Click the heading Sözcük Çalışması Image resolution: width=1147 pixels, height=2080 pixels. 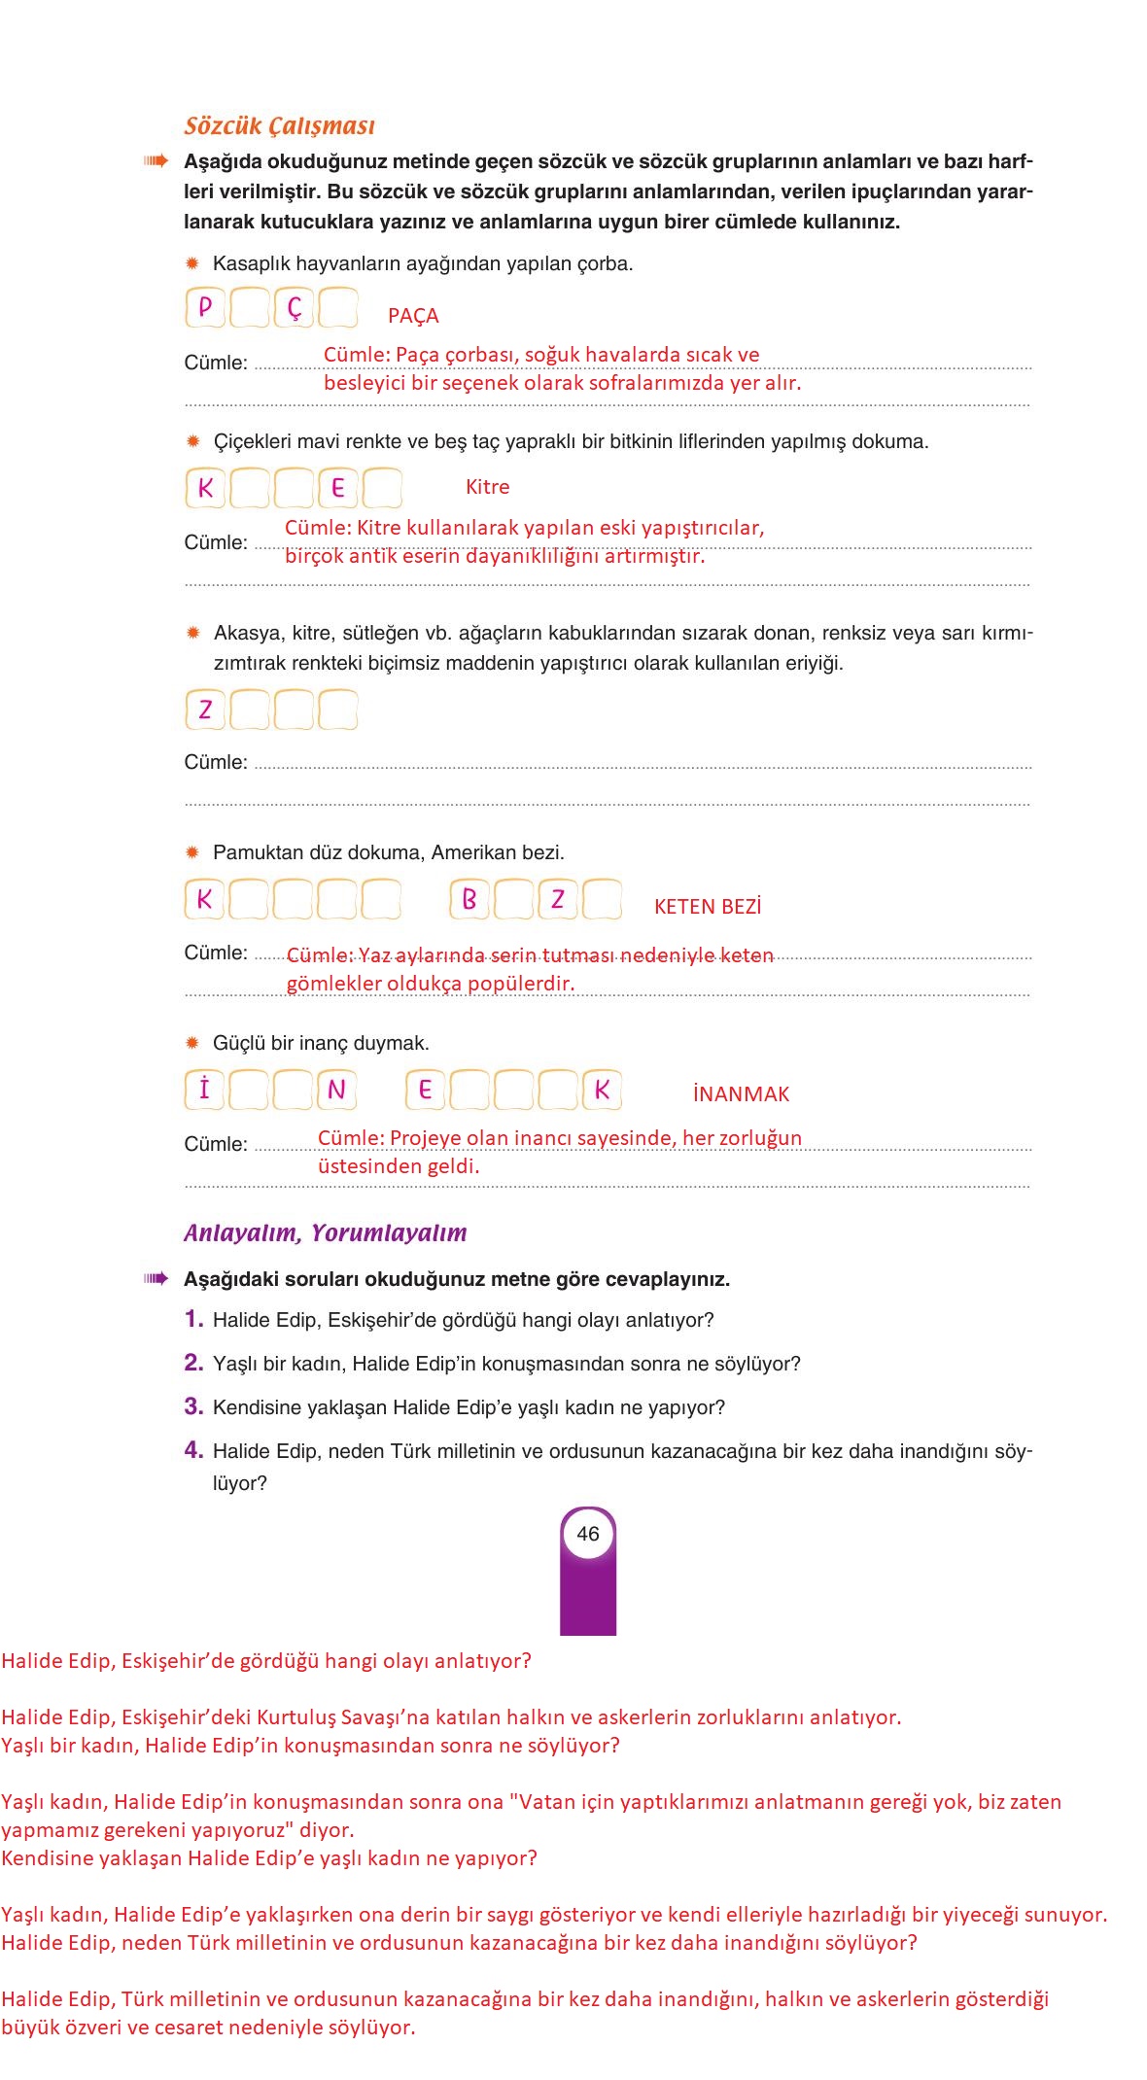tap(279, 125)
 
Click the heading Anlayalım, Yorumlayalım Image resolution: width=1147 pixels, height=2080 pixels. tap(325, 1232)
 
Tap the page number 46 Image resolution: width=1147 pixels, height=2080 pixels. tap(588, 1534)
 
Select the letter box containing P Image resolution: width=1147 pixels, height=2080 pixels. tap(205, 308)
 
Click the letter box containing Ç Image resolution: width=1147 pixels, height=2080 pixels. tap(294, 308)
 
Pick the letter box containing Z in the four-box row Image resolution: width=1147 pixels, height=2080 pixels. tap(205, 710)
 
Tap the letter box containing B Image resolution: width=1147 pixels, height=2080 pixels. tap(469, 899)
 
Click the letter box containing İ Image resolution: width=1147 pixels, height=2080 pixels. tap(205, 1090)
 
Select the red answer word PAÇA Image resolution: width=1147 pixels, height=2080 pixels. tap(413, 316)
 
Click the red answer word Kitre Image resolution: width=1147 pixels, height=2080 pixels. tap(487, 487)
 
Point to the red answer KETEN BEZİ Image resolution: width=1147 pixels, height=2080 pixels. tap(708, 907)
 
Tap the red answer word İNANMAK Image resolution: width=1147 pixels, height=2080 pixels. tap(741, 1094)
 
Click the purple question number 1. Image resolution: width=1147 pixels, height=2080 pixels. tap(193, 1319)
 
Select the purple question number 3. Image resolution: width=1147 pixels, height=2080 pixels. tap(193, 1406)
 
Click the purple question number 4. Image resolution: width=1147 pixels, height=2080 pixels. tap(193, 1450)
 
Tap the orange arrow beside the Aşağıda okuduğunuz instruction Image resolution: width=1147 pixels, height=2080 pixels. tap(156, 161)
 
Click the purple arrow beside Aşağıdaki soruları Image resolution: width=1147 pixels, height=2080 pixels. tap(156, 1278)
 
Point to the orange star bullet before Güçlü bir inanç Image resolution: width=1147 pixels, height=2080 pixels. tap(192, 1043)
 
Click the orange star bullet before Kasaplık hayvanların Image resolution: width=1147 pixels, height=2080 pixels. tap(192, 263)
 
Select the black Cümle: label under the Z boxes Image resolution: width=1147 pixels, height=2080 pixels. tap(216, 762)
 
